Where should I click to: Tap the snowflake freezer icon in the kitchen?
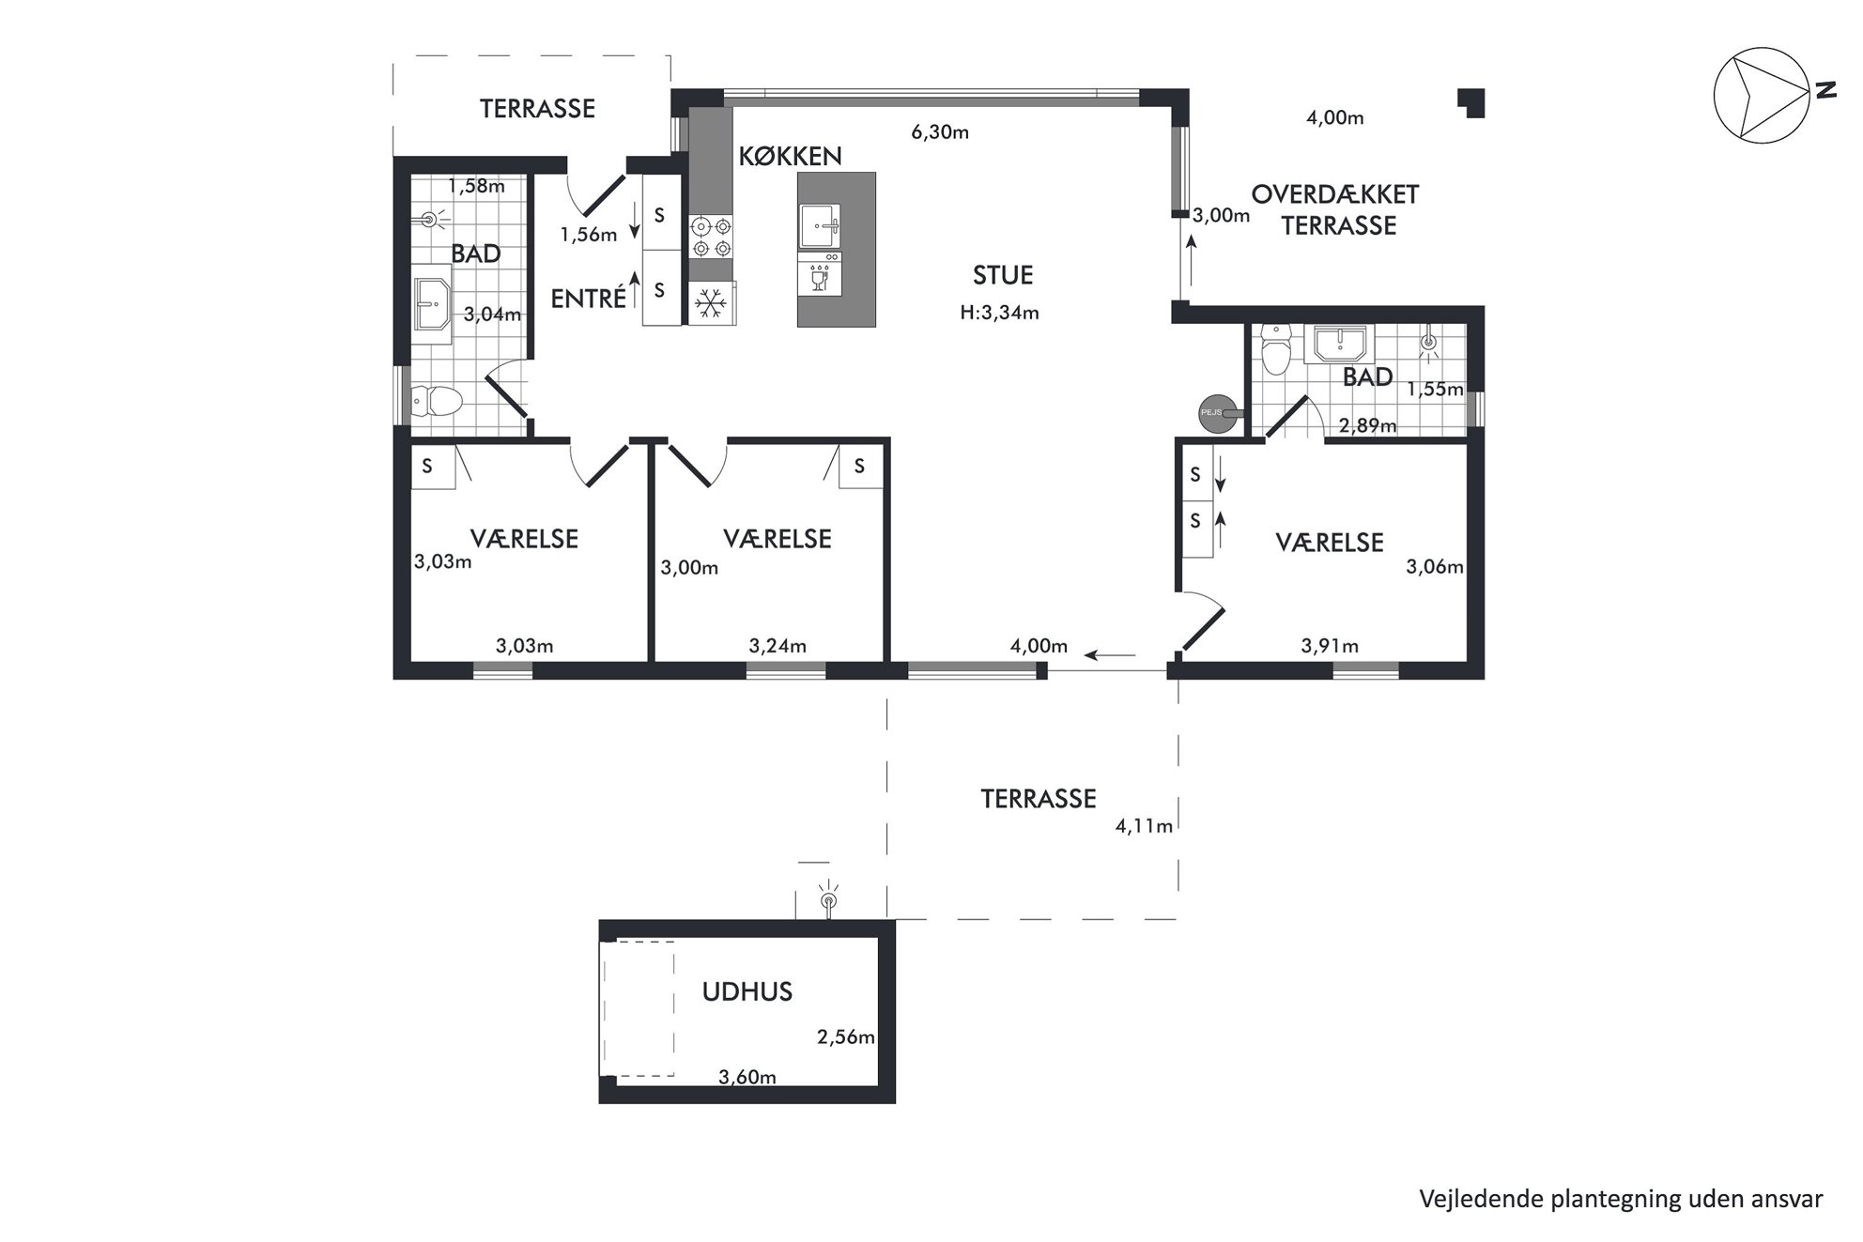712,303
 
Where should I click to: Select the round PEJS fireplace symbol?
1216,412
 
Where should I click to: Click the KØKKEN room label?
790,156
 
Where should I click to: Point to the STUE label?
1003,275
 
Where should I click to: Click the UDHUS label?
747,991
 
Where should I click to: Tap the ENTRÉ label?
589,299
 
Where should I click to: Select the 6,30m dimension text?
940,132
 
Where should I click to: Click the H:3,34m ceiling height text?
999,313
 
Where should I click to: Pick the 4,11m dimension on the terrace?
1144,826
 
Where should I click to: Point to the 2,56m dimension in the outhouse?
846,1037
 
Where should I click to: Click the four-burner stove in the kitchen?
711,237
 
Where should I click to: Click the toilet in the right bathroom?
1277,349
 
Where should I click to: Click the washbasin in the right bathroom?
1343,344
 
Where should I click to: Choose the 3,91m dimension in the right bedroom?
1330,646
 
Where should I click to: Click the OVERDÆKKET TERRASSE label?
1335,210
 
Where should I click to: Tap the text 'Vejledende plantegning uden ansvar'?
1621,1199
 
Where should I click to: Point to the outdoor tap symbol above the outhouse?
828,898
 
